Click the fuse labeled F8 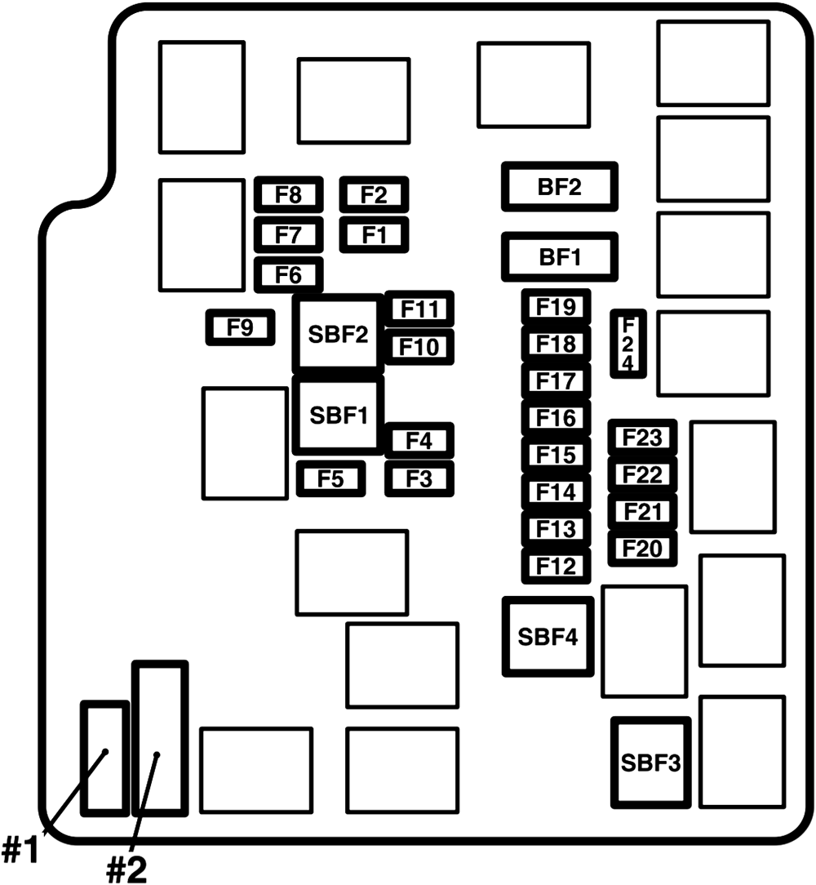pyautogui.click(x=288, y=195)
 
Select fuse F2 pyautogui.click(x=375, y=195)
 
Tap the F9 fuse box pyautogui.click(x=241, y=327)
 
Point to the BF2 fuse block pyautogui.click(x=560, y=187)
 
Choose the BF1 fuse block pyautogui.click(x=560, y=257)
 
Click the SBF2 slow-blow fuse pyautogui.click(x=338, y=334)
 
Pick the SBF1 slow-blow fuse pyautogui.click(x=338, y=416)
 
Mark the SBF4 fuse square pyautogui.click(x=548, y=637)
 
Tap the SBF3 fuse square pyautogui.click(x=651, y=763)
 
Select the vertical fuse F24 pyautogui.click(x=628, y=343)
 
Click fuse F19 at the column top pyautogui.click(x=557, y=307)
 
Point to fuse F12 pyautogui.click(x=557, y=566)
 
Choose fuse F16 pyautogui.click(x=557, y=418)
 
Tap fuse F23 pyautogui.click(x=642, y=438)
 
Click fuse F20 pyautogui.click(x=642, y=548)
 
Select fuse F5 pyautogui.click(x=330, y=478)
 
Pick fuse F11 pyautogui.click(x=419, y=309)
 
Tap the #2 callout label pyautogui.click(x=126, y=869)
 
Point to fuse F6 pyautogui.click(x=288, y=275)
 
